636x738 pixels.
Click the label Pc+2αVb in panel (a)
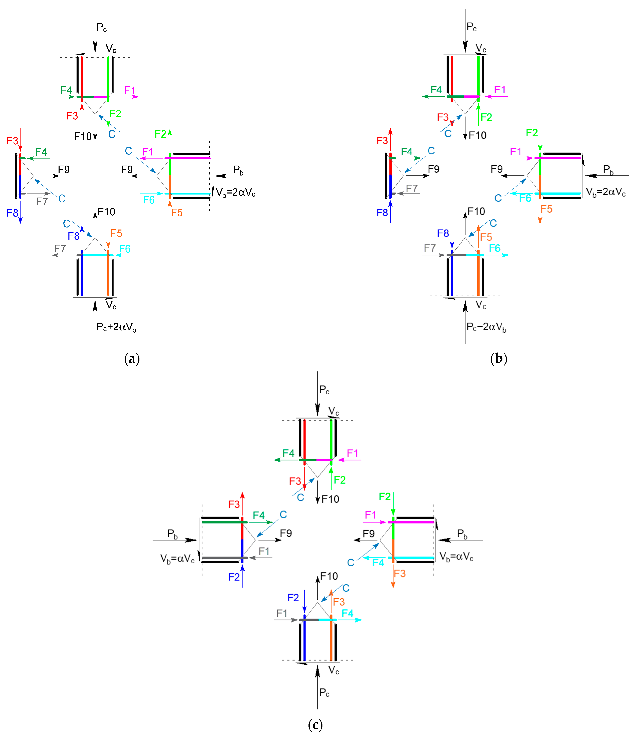(116, 327)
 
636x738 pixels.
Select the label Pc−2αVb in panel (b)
(486, 327)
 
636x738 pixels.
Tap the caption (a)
(132, 358)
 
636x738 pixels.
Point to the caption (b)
(499, 358)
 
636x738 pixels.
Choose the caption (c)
(315, 725)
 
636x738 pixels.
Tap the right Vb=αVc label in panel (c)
(456, 557)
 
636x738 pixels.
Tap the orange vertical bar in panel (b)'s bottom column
(478, 274)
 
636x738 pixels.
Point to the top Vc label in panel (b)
(481, 48)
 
